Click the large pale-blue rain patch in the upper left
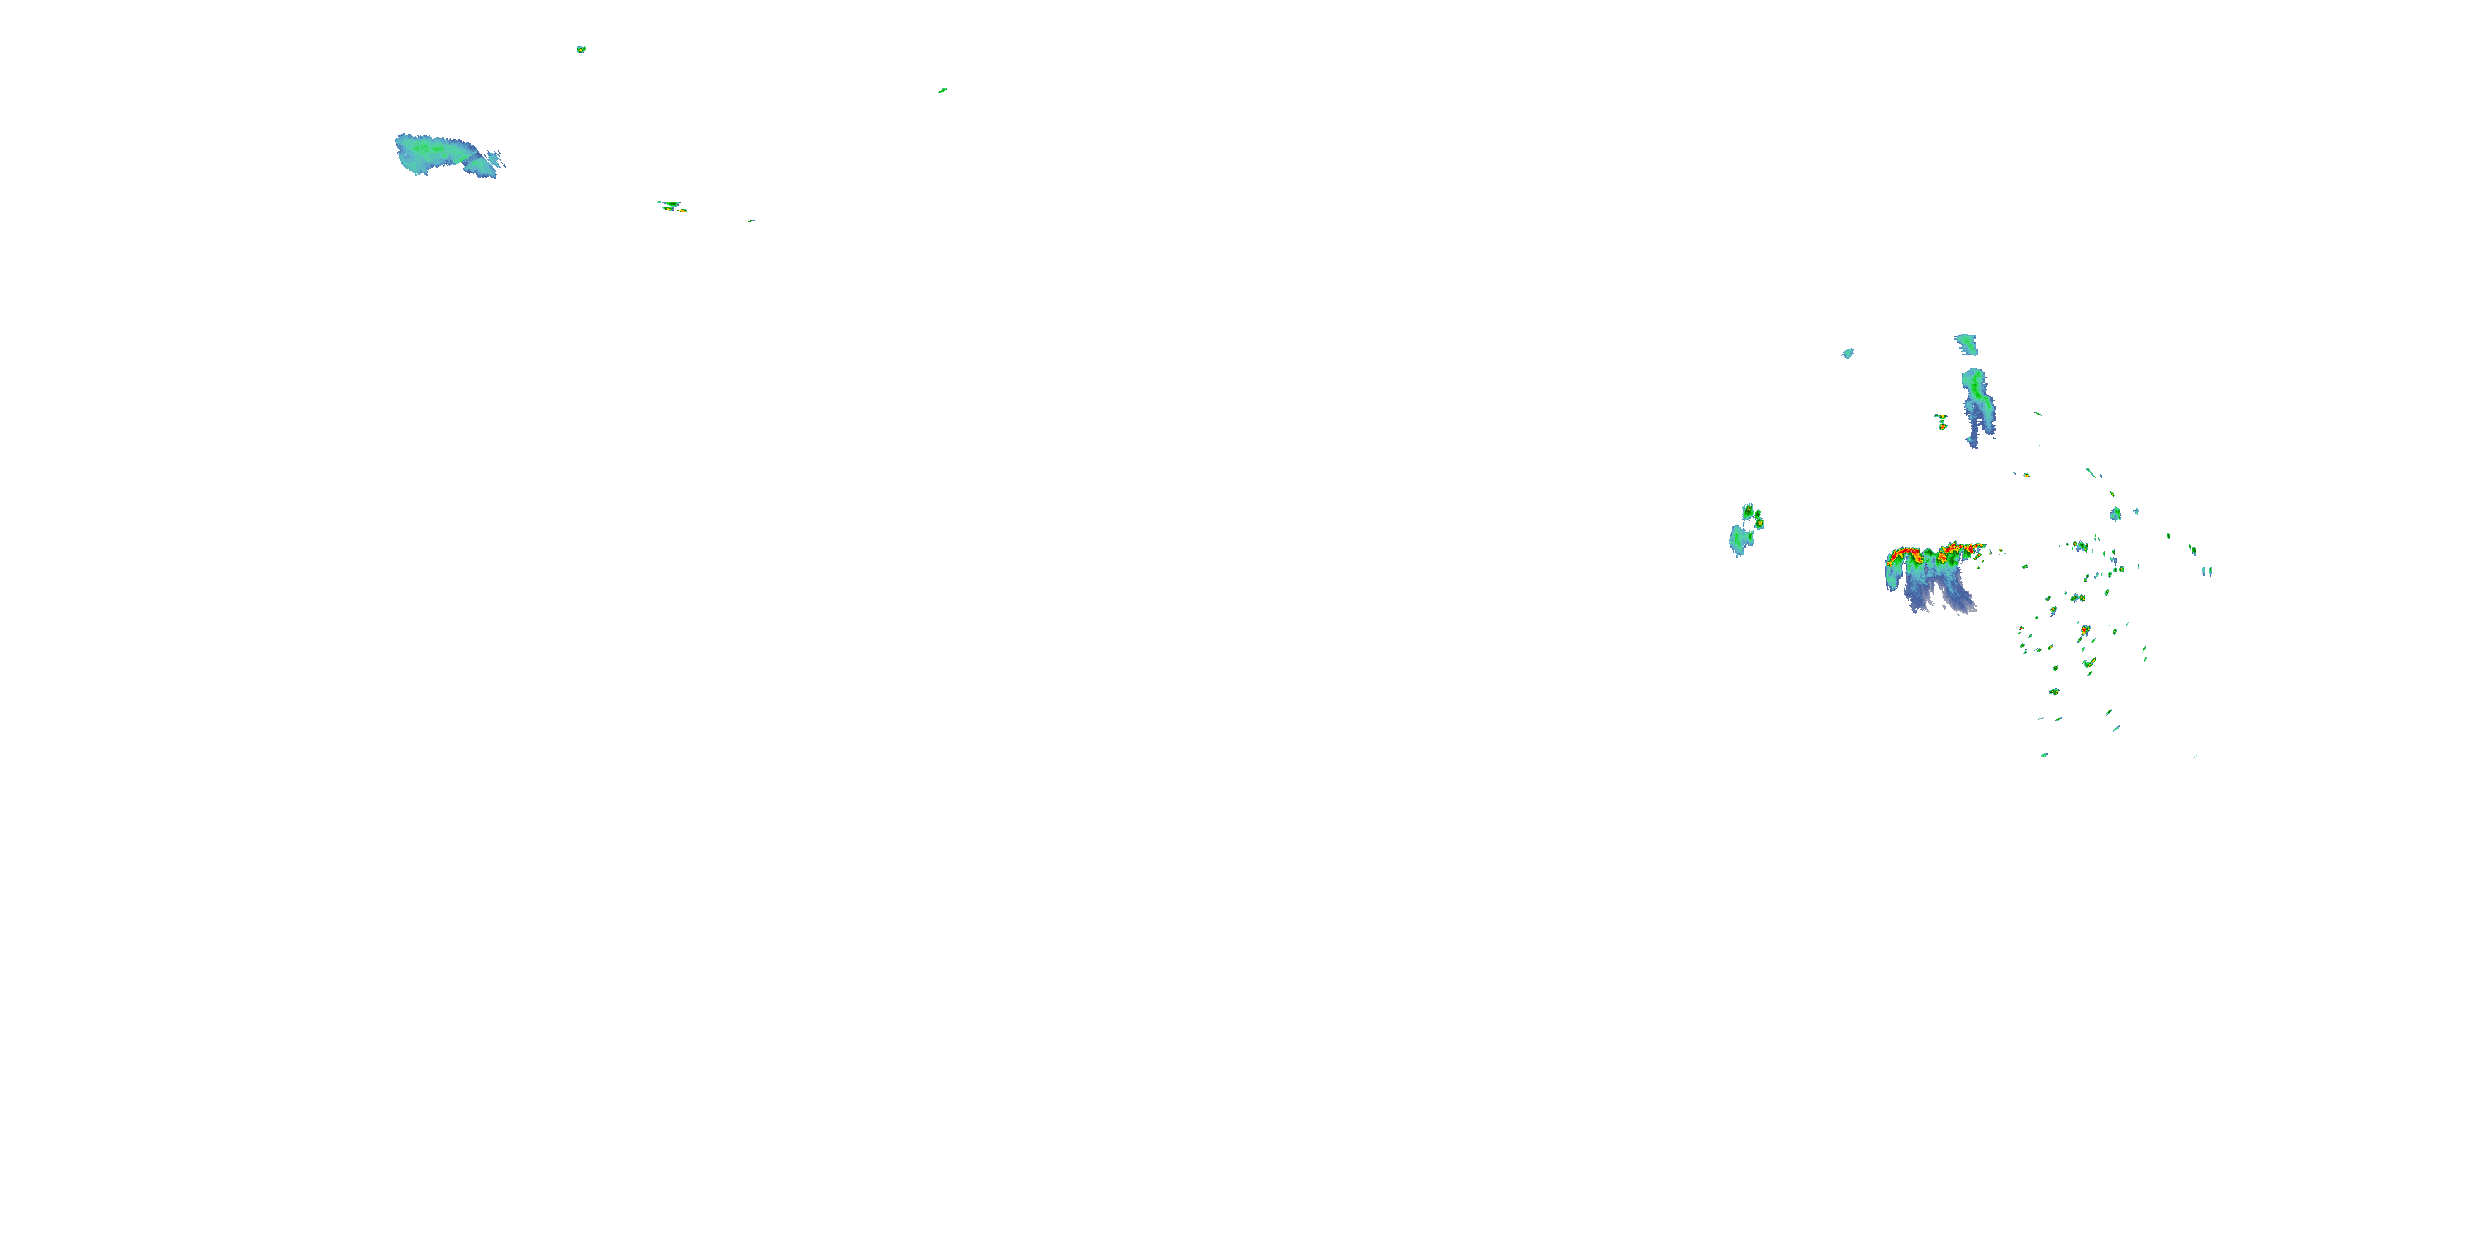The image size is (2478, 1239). pyautogui.click(x=438, y=153)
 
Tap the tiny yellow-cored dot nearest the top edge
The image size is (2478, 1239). pyautogui.click(x=581, y=49)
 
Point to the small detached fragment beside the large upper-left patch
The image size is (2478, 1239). pyautogui.click(x=495, y=158)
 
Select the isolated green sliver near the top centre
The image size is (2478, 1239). pyautogui.click(x=942, y=90)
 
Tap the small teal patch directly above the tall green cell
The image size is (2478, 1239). pyautogui.click(x=1966, y=344)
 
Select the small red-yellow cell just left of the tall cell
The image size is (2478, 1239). pyautogui.click(x=1941, y=421)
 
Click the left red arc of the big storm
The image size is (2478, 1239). pyautogui.click(x=1903, y=554)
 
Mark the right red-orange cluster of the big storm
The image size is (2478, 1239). pyautogui.click(x=1958, y=551)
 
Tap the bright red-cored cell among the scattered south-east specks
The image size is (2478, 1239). pyautogui.click(x=2085, y=630)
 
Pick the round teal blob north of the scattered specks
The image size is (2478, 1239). pyautogui.click(x=2115, y=514)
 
